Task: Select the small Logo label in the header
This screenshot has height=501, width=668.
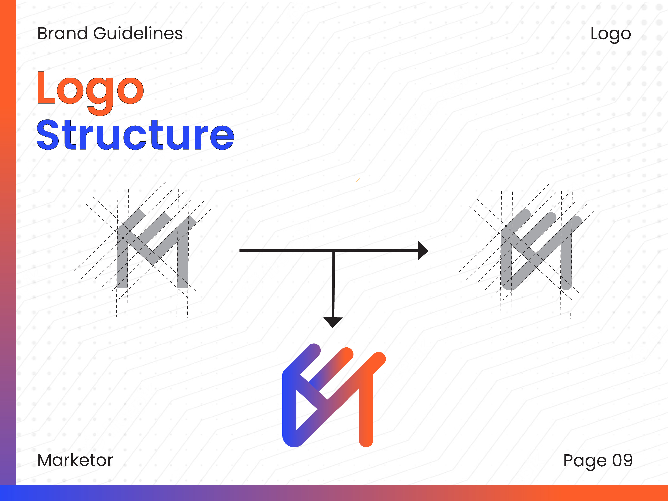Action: point(611,34)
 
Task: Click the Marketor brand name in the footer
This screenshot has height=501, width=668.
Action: point(75,460)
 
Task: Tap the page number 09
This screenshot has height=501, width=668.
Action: point(622,460)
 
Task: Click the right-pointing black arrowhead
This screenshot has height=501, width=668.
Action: point(423,250)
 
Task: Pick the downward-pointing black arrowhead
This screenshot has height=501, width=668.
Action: point(333,322)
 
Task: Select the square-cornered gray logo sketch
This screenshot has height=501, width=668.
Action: point(156,248)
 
